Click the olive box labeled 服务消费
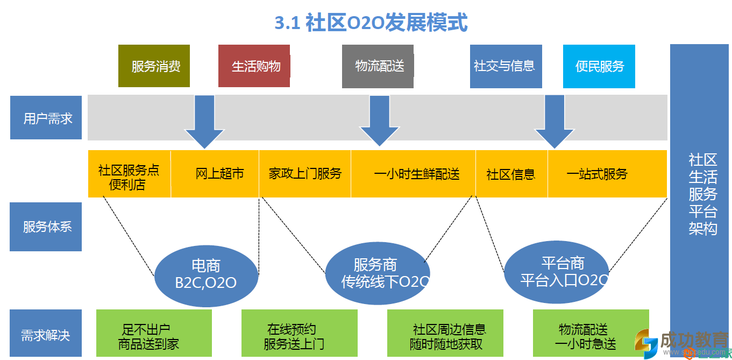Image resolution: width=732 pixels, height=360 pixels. [154, 66]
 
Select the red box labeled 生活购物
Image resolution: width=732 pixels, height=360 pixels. [254, 66]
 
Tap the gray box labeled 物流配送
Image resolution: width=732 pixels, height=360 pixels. [378, 66]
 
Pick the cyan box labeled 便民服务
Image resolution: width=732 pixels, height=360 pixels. [599, 66]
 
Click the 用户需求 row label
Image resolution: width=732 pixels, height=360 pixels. [46, 118]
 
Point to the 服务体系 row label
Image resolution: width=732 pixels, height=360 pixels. [46, 227]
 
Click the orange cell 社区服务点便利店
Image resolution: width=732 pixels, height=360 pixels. [129, 174]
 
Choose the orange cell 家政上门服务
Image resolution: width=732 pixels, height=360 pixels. [305, 174]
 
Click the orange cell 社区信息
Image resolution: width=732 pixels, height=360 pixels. [511, 174]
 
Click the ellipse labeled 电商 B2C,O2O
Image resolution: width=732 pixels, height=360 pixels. [207, 274]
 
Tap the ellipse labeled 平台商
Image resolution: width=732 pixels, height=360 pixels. [556, 272]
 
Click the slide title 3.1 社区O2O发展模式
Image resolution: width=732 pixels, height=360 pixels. [371, 23]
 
